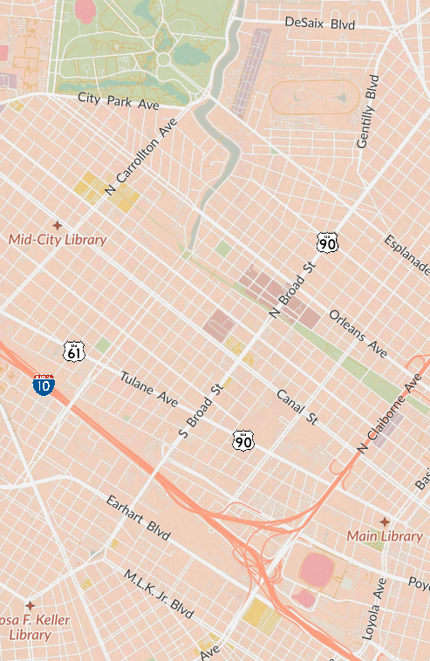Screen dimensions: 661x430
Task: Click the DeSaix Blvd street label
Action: (320, 24)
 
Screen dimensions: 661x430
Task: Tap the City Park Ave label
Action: (119, 101)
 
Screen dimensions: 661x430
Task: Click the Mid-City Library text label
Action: (58, 240)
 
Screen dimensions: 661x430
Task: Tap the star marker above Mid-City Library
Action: (58, 225)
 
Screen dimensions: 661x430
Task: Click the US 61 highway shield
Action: (74, 351)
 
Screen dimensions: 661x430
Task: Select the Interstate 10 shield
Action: (43, 385)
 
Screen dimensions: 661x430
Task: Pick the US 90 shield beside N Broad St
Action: (326, 242)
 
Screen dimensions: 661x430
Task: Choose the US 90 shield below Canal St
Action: (243, 440)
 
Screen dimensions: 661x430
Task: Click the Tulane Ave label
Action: (149, 390)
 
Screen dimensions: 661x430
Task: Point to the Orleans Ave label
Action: (358, 332)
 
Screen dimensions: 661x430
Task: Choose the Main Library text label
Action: (384, 536)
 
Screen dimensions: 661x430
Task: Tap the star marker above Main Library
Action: (384, 521)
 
